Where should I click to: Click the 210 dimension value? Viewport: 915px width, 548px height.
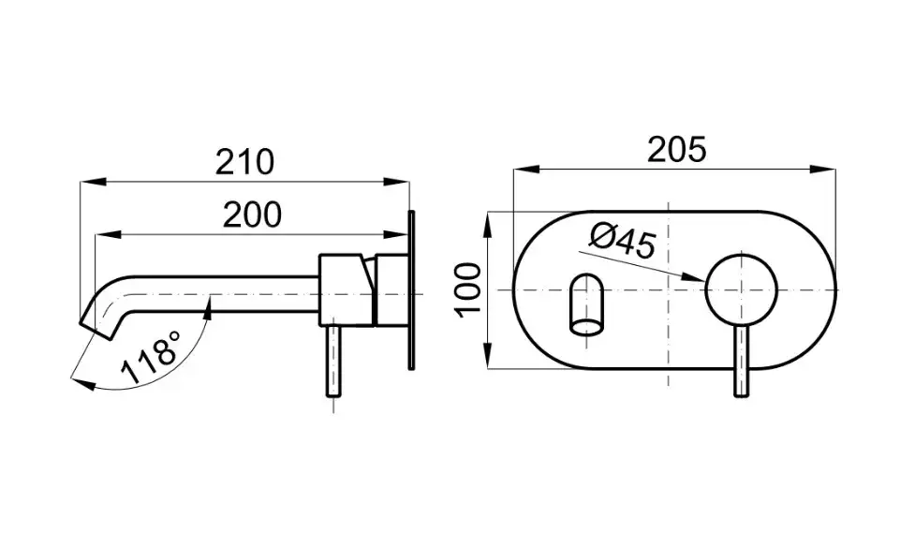pos(244,162)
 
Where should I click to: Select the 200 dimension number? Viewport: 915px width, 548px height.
pos(253,215)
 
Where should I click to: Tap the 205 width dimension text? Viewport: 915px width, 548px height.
pos(677,149)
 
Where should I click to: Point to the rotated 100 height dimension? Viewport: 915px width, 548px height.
pos(468,289)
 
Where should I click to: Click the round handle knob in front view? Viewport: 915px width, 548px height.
pos(741,289)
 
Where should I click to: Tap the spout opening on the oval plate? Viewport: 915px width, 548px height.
pos(587,304)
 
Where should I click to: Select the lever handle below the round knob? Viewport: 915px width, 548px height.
pos(741,362)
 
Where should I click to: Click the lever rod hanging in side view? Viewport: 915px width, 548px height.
pos(333,362)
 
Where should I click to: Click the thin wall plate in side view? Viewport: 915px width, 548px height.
pos(411,290)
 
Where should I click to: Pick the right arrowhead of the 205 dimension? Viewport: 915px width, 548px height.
pos(823,170)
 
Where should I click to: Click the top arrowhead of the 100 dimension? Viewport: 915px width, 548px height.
pos(488,225)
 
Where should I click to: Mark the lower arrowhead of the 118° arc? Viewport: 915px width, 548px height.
pos(82,382)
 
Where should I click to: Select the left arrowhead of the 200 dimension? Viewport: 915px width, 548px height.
pos(108,235)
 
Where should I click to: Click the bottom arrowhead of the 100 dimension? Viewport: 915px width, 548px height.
pos(488,354)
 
